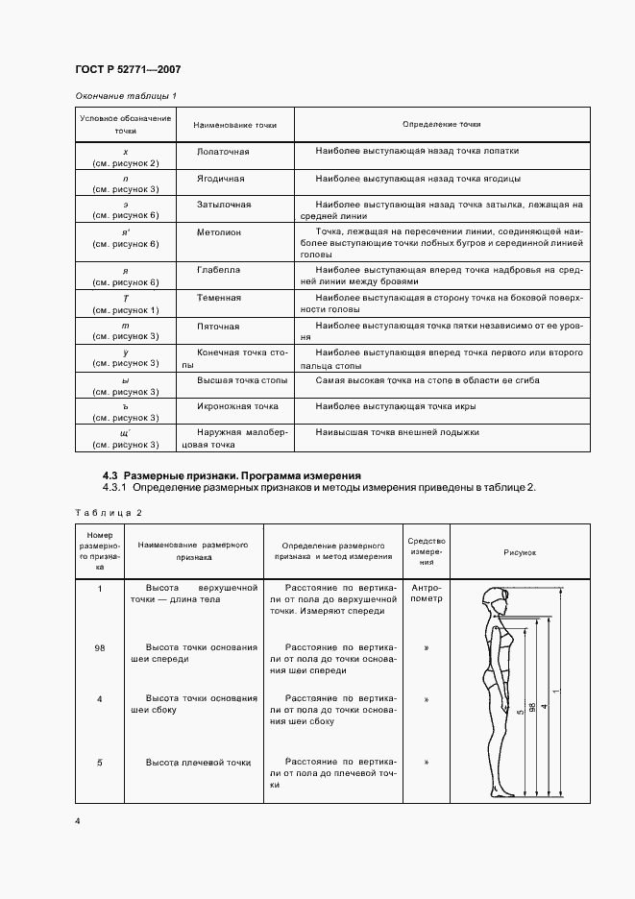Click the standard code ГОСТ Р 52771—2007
128,69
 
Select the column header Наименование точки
234,125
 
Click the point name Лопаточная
222,152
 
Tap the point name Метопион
219,232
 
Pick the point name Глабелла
218,271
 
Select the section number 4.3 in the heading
110,474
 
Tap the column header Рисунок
520,552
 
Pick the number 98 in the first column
100,647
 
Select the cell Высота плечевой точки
198,763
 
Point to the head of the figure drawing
498,602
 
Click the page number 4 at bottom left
78,822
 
